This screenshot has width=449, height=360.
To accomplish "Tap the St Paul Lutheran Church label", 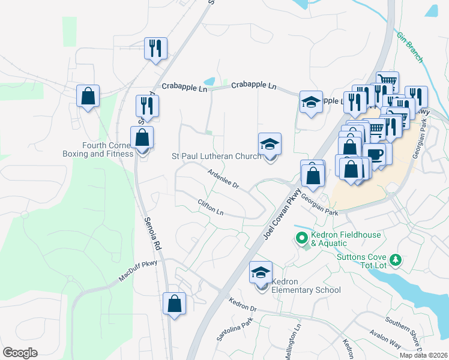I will (x=216, y=156).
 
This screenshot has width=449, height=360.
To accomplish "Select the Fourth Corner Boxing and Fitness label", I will (x=98, y=149).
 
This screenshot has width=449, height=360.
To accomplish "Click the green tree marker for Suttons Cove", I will (x=396, y=260).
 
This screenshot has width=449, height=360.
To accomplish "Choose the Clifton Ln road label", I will (x=210, y=208).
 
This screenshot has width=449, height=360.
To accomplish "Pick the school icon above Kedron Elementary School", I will (x=261, y=273).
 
